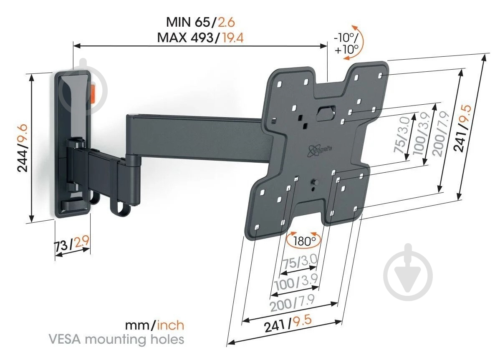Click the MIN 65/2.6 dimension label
coord(201,22)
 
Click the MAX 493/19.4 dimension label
coord(201,38)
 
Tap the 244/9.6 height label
coord(22,148)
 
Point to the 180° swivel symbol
coord(303,241)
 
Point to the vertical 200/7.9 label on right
coord(441,134)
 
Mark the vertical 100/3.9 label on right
coord(422,134)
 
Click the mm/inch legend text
coord(155,325)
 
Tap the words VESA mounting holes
coord(116,339)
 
